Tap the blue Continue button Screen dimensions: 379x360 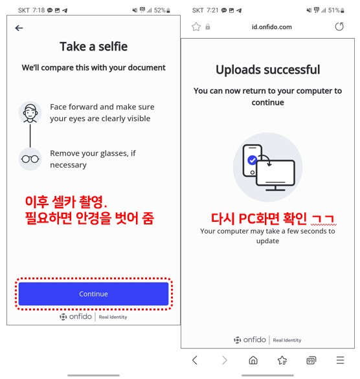tap(93, 294)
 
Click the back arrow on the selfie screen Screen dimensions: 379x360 tap(19, 28)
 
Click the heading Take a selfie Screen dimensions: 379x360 tap(93, 46)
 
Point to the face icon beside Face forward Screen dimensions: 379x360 tap(30, 113)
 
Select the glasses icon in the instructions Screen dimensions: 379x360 tap(30, 159)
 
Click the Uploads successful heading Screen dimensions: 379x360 tap(267, 69)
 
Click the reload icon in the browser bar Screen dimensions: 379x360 tap(339, 27)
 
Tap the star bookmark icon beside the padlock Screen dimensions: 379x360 tap(196, 27)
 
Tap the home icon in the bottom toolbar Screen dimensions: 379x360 tap(253, 360)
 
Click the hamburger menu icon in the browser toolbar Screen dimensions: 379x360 tap(340, 360)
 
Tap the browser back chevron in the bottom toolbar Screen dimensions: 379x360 tap(195, 360)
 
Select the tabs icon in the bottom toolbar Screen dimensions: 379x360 tap(311, 360)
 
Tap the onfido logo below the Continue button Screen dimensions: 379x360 tap(76, 317)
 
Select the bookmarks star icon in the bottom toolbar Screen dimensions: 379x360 tap(282, 360)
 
